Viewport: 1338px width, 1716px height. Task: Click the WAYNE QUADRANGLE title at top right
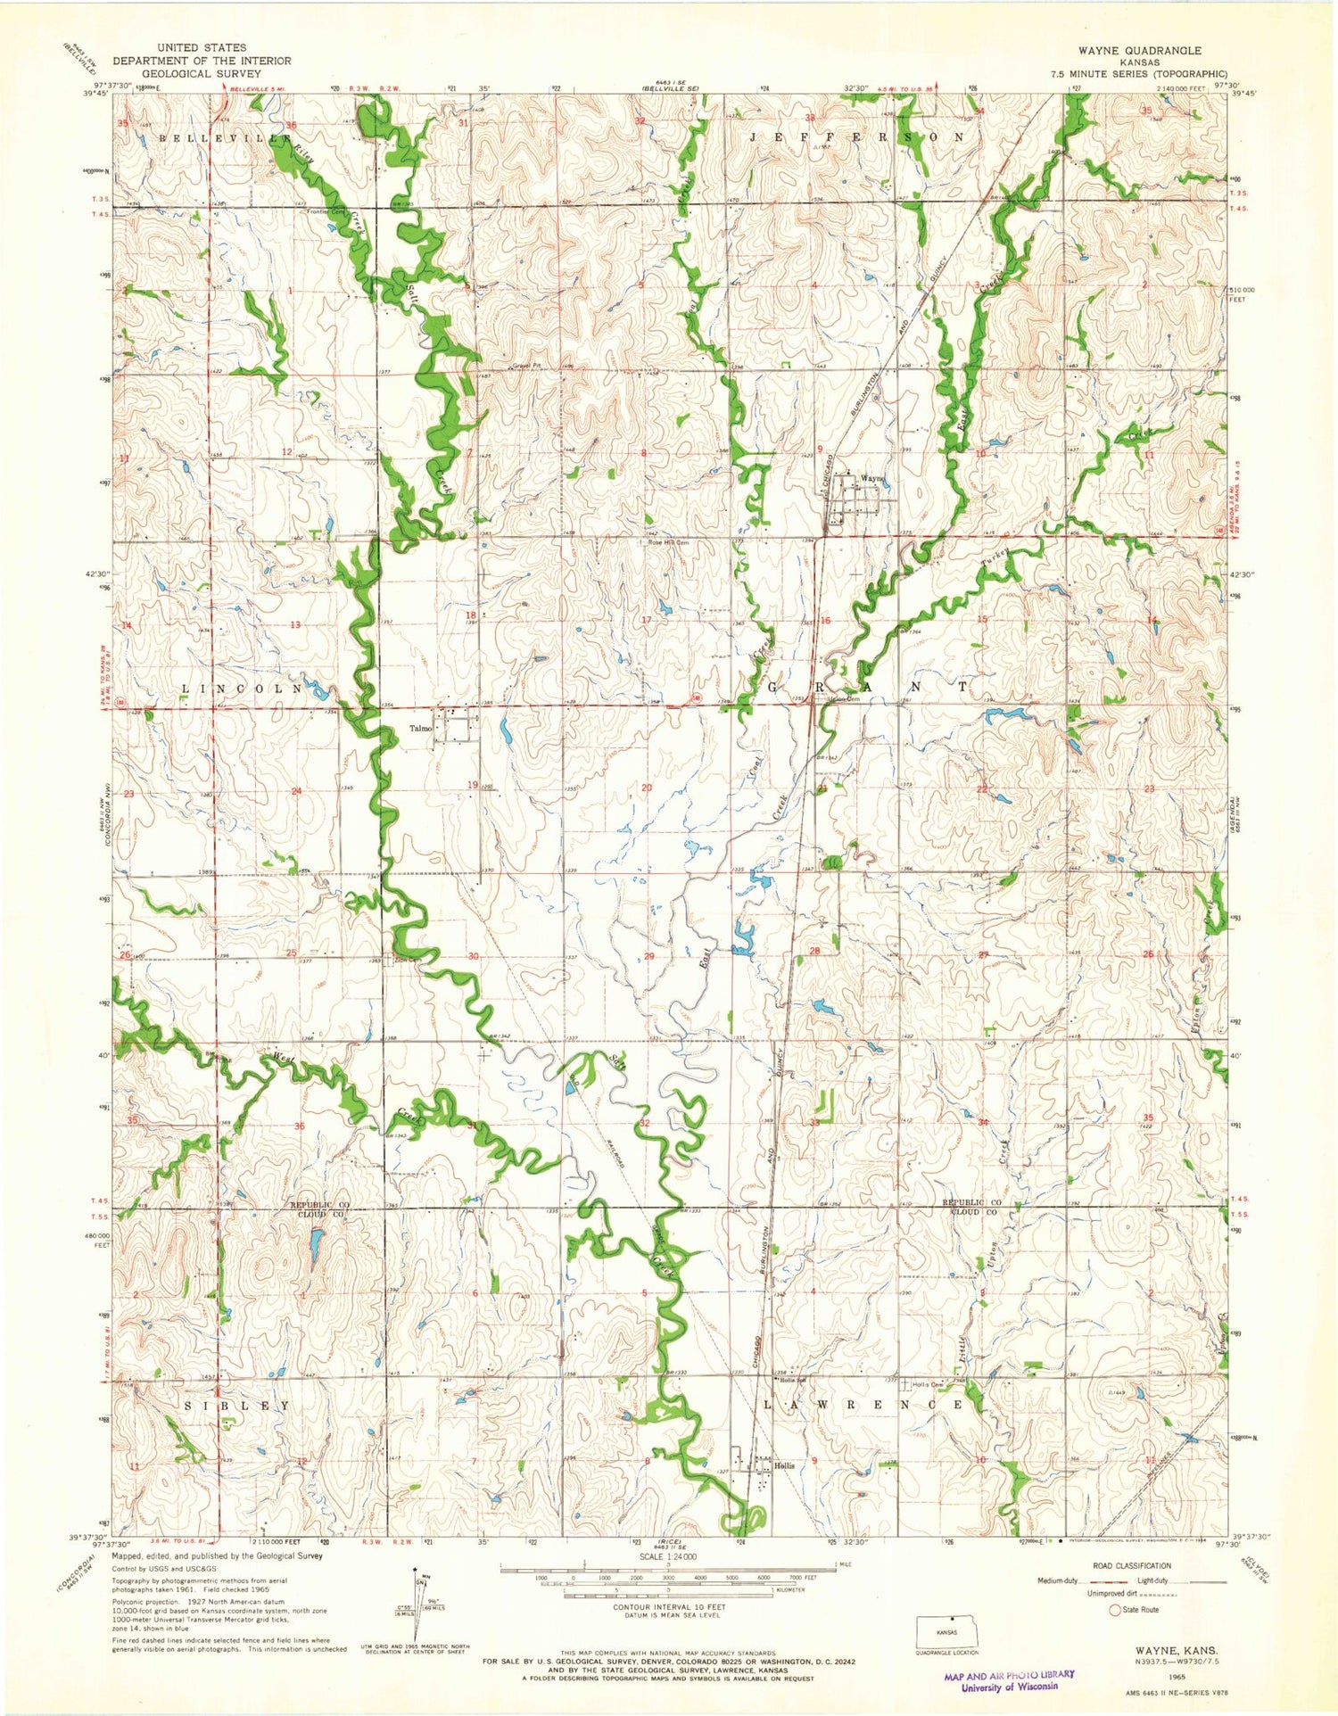click(x=1151, y=51)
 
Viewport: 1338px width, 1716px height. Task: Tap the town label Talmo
click(x=420, y=729)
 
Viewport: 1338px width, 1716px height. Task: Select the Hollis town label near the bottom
click(x=784, y=1465)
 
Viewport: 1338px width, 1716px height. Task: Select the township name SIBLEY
click(x=236, y=1405)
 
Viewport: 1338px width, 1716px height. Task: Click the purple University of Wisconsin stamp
click(x=1009, y=1680)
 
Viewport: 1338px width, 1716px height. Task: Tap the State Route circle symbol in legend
click(x=1114, y=1610)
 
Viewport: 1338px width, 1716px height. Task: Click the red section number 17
click(x=646, y=619)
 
